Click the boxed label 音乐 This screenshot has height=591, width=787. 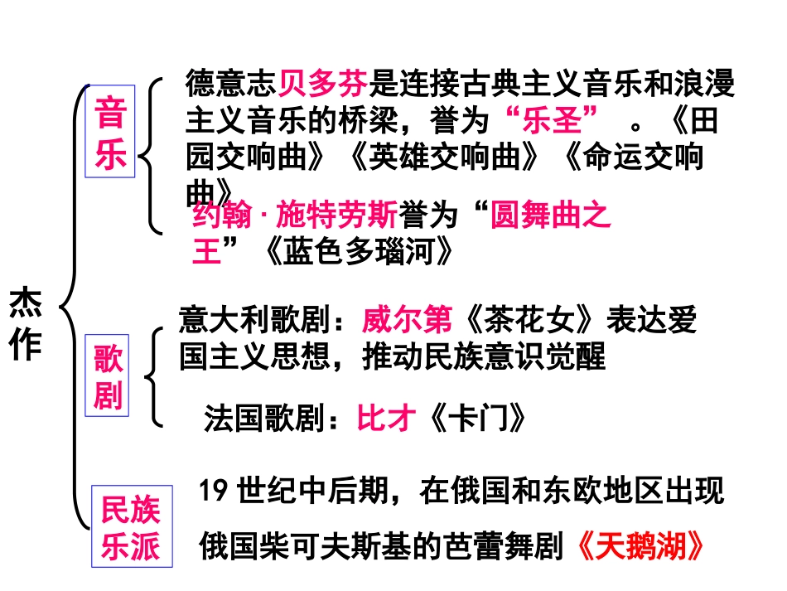[110, 132]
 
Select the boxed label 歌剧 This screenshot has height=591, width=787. [107, 375]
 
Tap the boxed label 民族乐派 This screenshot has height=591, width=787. [132, 526]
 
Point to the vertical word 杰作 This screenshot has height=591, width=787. [25, 323]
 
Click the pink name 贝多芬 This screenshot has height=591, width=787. [322, 84]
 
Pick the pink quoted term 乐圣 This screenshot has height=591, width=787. [552, 120]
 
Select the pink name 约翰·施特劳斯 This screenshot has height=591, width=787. [295, 215]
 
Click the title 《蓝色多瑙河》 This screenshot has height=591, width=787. [360, 250]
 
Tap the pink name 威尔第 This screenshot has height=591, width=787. [407, 320]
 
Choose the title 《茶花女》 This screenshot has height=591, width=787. [529, 320]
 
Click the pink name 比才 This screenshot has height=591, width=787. [386, 418]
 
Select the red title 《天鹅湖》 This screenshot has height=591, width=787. [640, 545]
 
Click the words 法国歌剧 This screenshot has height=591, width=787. [264, 418]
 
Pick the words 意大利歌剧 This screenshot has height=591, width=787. [255, 320]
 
